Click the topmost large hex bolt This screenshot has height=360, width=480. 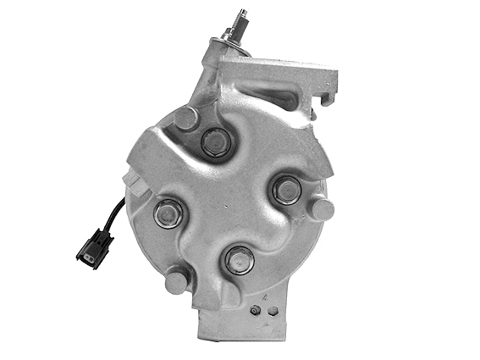pyautogui.click(x=216, y=142)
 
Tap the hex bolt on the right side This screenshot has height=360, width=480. pyautogui.click(x=288, y=190)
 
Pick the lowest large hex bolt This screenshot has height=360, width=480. pyautogui.click(x=240, y=259)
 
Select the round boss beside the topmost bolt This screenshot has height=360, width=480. pyautogui.click(x=185, y=119)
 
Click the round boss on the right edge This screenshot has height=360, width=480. pyautogui.click(x=321, y=209)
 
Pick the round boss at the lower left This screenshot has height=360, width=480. pyautogui.click(x=177, y=280)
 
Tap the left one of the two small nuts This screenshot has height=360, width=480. pyautogui.click(x=255, y=310)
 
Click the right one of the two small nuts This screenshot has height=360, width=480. pyautogui.click(x=273, y=311)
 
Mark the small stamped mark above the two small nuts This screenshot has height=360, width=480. pyautogui.click(x=264, y=297)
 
